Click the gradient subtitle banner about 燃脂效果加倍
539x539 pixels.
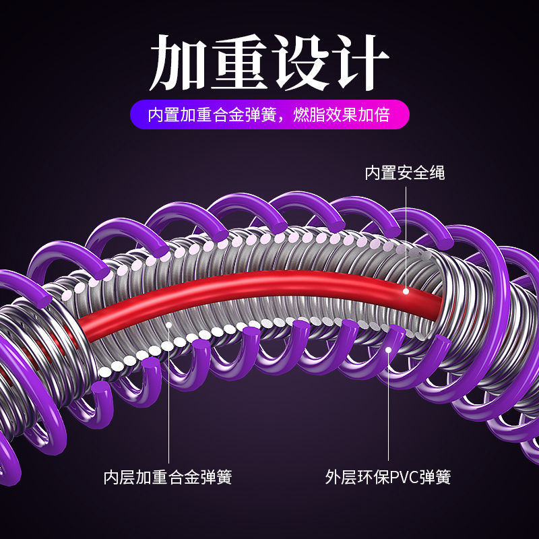tap(269, 115)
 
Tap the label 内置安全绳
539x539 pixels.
tap(405, 172)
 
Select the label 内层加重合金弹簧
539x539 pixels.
tap(168, 478)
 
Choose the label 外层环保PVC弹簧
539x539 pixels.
tap(388, 478)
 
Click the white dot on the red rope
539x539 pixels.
tap(406, 291)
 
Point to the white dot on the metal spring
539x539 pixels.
tap(169, 324)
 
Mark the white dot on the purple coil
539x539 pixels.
tap(389, 349)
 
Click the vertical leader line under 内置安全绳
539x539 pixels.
tap(406, 236)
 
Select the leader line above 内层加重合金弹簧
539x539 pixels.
tap(168, 398)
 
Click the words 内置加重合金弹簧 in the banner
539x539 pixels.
tap(212, 115)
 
